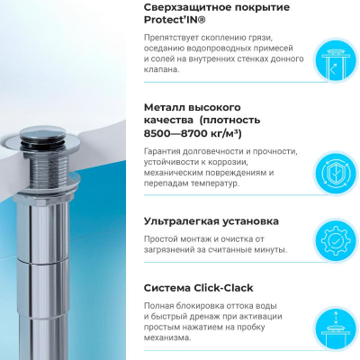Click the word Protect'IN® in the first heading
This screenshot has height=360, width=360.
point(175,20)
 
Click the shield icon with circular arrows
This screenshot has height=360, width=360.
point(336,173)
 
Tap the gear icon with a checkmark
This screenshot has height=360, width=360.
point(336,240)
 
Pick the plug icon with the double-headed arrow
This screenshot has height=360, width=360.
point(336,328)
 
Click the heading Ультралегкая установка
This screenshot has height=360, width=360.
point(211,221)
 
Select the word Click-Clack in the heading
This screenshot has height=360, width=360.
point(224,288)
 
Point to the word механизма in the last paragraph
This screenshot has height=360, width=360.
point(167,338)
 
